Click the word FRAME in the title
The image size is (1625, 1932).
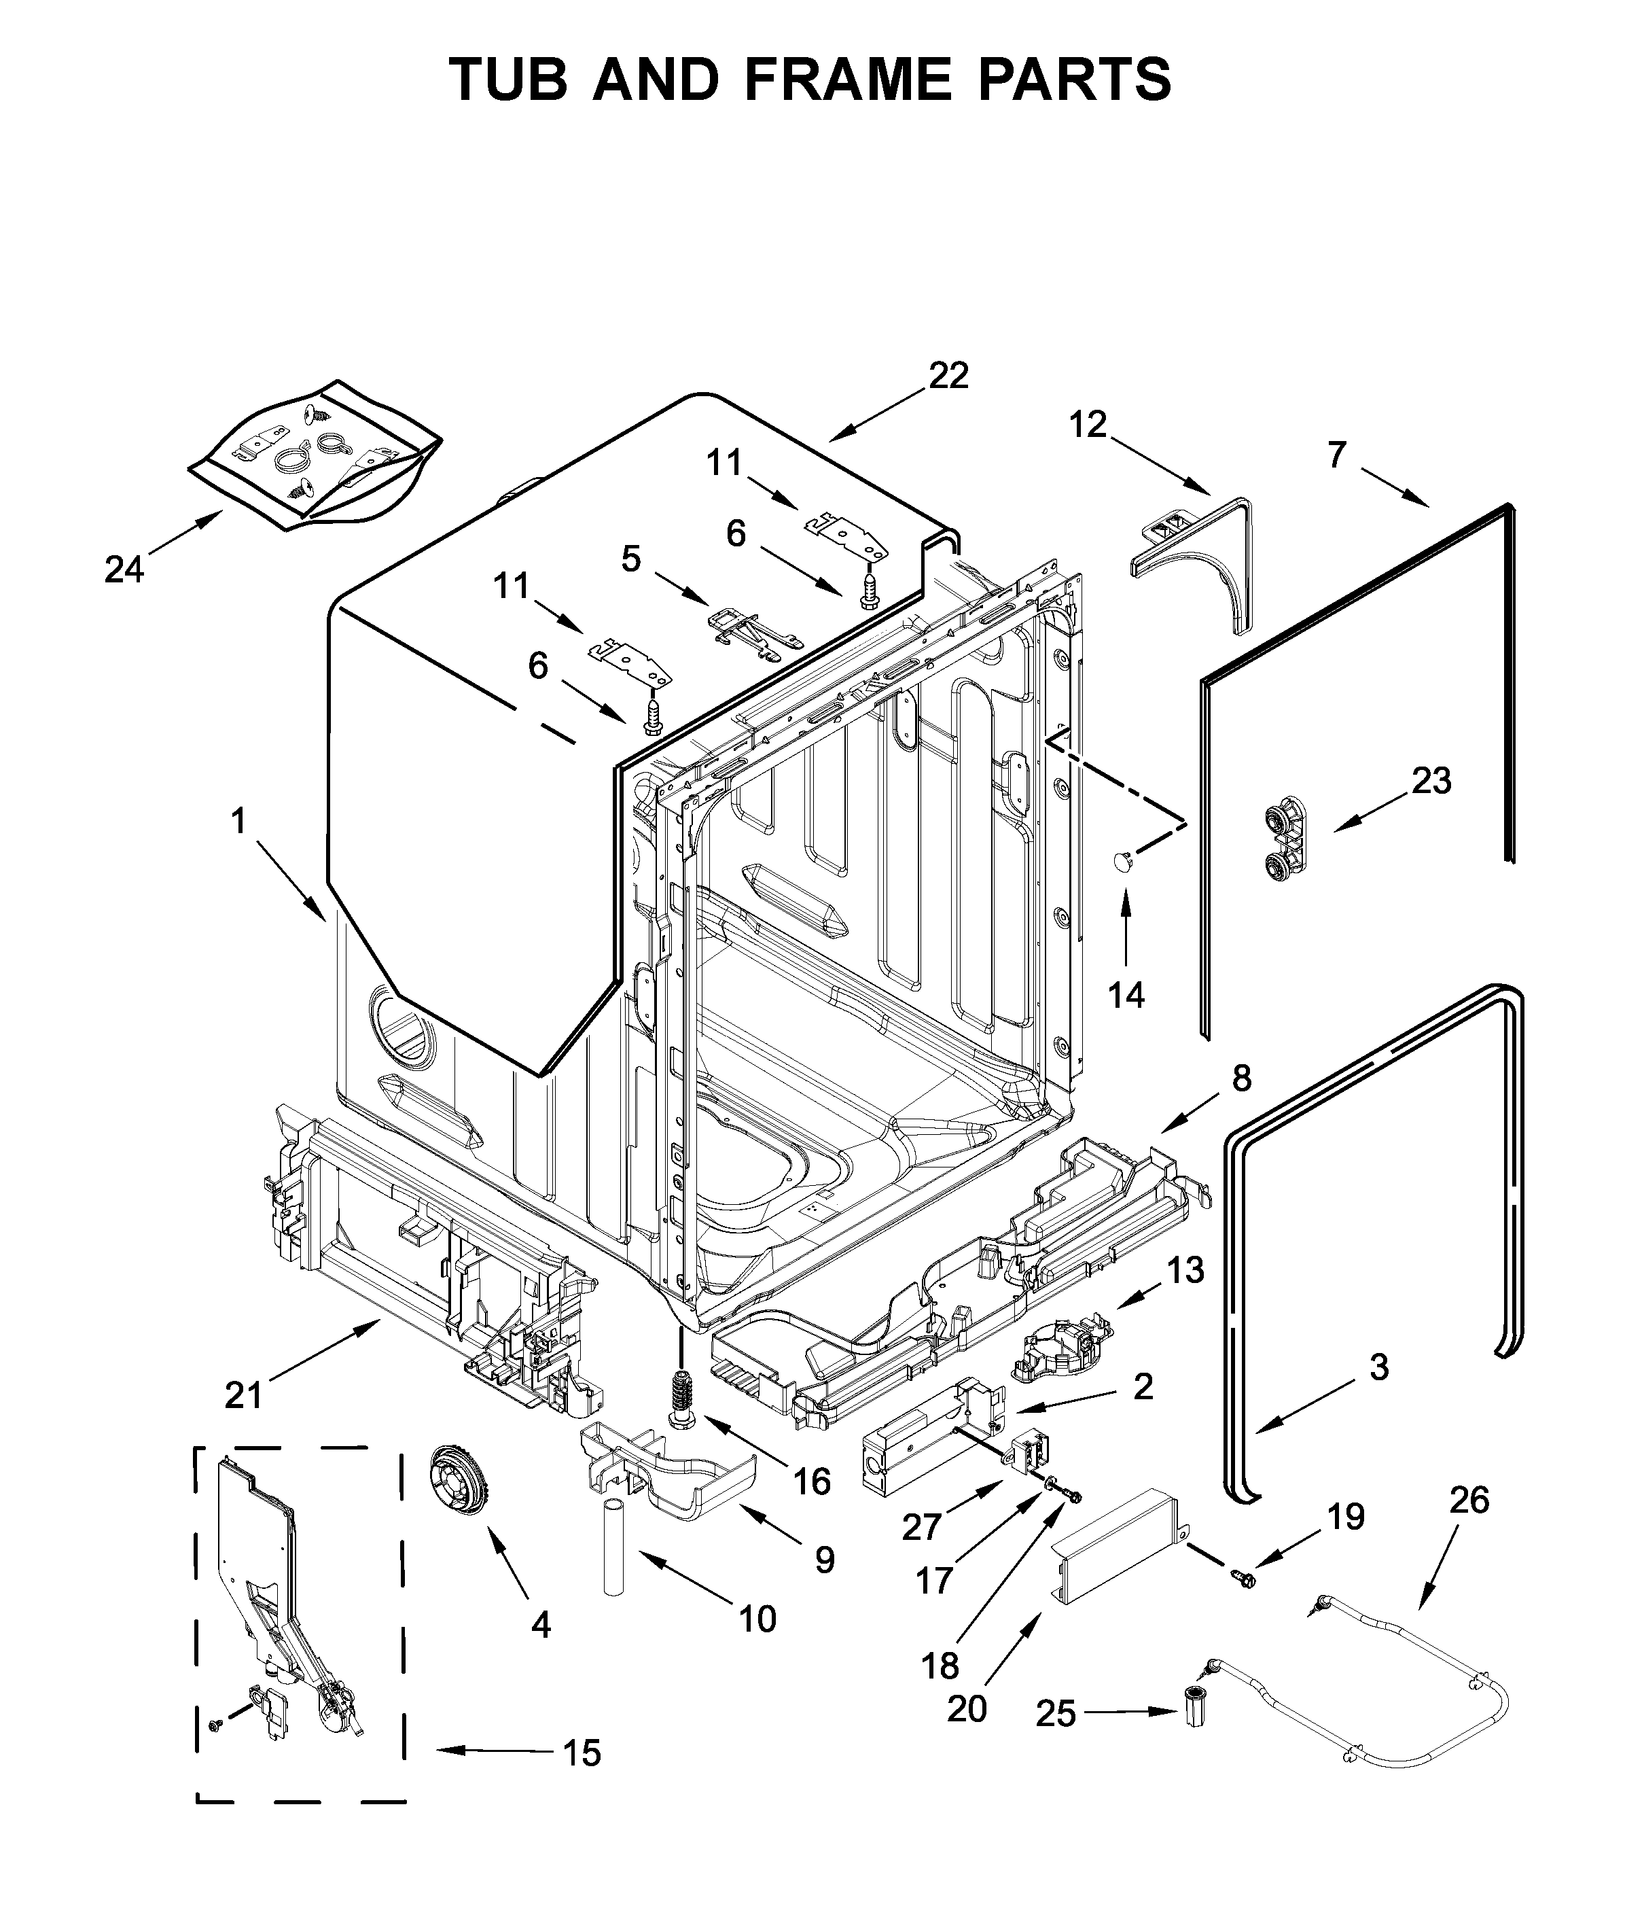846,80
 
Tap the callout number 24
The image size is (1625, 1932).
124,570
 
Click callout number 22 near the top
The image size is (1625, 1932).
949,376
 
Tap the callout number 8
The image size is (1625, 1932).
1242,1078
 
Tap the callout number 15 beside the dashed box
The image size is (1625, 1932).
582,1753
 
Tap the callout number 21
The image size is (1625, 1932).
244,1395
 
